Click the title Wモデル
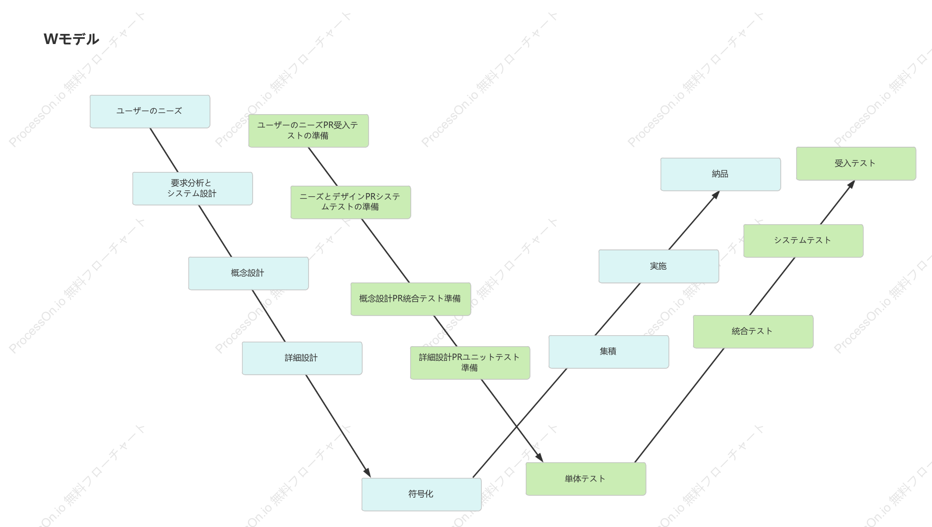(72, 39)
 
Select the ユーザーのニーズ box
(150, 111)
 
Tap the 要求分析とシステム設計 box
(193, 189)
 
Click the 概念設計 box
(248, 273)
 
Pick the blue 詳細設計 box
(302, 358)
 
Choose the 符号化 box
(421, 494)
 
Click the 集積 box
(609, 352)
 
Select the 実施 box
(659, 266)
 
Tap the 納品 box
(721, 174)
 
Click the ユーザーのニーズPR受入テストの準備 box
(309, 131)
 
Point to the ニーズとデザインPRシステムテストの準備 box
(351, 202)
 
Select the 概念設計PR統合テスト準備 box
(411, 299)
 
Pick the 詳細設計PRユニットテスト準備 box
(470, 363)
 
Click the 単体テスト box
(586, 479)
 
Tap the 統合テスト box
(753, 332)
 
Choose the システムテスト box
(803, 241)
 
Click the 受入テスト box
(856, 164)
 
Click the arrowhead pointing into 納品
(716, 195)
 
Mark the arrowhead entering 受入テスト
(851, 184)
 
